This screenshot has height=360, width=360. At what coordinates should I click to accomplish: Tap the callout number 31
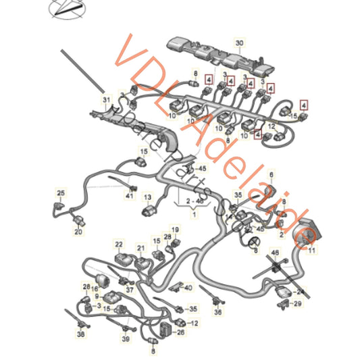click(105, 101)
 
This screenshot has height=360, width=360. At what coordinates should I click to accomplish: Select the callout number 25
click(60, 193)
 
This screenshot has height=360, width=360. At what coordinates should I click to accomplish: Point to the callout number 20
click(78, 232)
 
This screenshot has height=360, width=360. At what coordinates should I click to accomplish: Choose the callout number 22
click(119, 244)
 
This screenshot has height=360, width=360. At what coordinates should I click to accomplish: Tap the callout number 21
click(140, 248)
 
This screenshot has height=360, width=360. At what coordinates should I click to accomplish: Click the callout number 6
click(272, 174)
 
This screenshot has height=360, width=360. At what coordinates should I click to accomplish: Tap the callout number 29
click(299, 305)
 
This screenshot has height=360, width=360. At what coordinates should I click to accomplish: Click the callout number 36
click(217, 313)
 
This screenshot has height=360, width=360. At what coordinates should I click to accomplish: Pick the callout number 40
click(188, 286)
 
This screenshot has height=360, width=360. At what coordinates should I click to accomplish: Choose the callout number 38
click(81, 333)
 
